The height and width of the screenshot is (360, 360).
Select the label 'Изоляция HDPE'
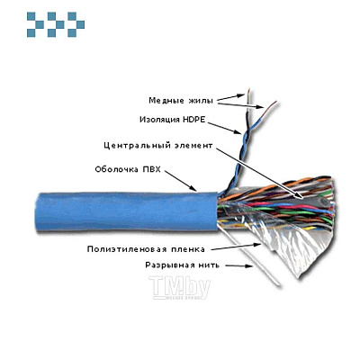[x=173, y=118]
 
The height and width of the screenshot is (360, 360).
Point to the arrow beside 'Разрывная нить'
[x=237, y=265]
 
